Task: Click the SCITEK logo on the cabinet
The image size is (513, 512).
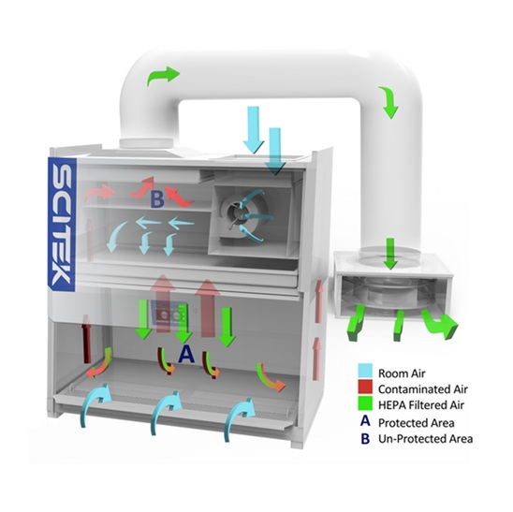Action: pos(62,224)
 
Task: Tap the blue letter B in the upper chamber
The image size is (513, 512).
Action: pos(157,199)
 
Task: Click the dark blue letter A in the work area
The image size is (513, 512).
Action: pos(186,354)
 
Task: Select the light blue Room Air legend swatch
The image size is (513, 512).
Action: pos(365,371)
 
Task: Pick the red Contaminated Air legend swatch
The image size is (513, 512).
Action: pos(365,387)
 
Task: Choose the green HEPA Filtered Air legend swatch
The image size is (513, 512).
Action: pos(365,403)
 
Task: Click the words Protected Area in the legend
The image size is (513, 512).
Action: pos(417,423)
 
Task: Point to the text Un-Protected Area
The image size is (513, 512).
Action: pos(425,439)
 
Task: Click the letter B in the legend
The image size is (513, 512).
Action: pos(365,439)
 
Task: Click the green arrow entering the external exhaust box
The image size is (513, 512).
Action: pos(390,254)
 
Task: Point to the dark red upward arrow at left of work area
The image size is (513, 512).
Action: pos(87,339)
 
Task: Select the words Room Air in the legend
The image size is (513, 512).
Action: pos(402,373)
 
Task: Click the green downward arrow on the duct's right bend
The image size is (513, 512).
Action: pos(389,102)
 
